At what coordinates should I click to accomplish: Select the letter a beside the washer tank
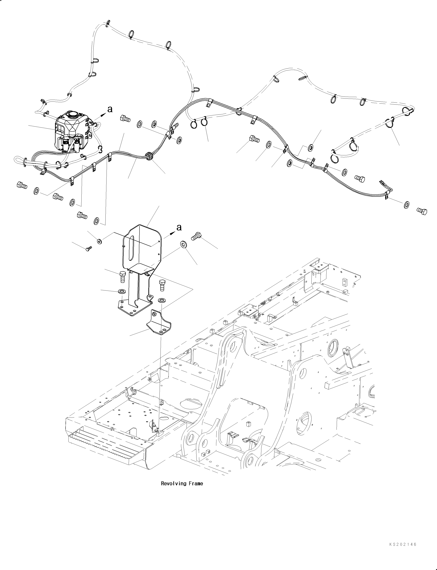point(110,109)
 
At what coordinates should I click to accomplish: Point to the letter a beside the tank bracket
point(179,227)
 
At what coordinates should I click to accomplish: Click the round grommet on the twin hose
point(149,156)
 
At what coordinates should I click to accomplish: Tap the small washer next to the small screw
point(99,241)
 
